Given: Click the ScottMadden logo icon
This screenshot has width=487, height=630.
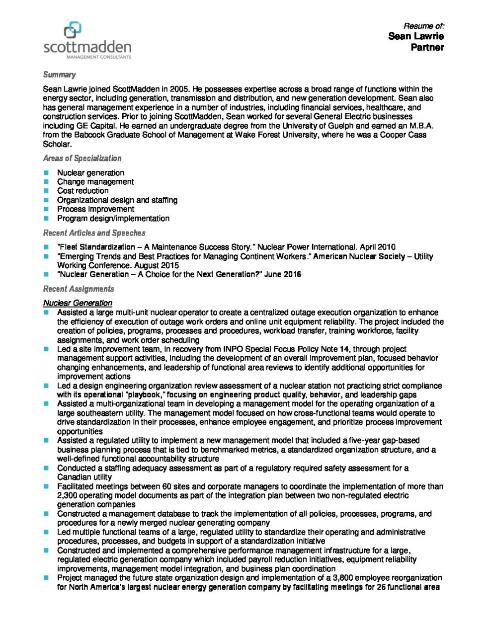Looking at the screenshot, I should point(73,30).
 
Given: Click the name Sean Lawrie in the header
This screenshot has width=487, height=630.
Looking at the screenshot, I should point(416,36).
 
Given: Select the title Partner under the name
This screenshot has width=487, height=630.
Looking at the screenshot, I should point(427,48).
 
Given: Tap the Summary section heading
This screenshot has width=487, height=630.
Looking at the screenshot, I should point(59,75).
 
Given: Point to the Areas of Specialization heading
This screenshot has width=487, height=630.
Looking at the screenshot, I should point(82,158).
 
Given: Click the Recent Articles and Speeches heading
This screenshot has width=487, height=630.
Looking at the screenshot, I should point(94,233).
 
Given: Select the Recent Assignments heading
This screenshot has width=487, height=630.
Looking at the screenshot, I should point(79,289).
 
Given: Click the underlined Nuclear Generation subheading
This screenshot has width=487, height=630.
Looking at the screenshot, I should point(78,303).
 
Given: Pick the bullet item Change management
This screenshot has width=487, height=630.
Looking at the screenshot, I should point(95,182).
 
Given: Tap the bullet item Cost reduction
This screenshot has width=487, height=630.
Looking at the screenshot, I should point(82,191).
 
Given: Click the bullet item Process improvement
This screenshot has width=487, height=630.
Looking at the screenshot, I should point(95,209).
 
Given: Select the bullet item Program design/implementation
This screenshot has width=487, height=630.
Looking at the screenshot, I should point(113,218).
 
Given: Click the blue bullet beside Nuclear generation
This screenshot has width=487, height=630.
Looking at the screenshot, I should point(46,173).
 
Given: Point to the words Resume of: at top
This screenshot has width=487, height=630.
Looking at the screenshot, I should point(423,26).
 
